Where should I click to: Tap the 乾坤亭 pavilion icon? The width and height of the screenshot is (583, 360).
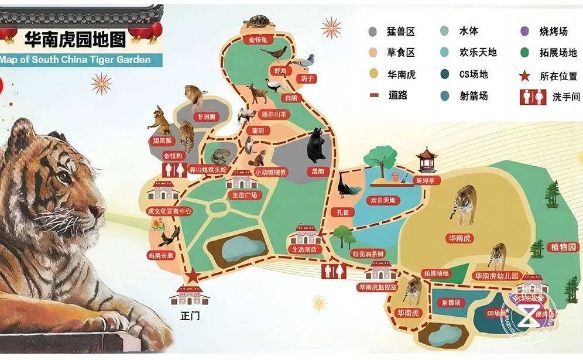tap(427, 159)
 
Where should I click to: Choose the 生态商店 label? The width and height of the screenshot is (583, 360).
tap(304, 249)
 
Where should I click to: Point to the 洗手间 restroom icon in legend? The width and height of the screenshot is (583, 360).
tap(532, 97)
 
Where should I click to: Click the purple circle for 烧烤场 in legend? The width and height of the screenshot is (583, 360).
tap(525, 32)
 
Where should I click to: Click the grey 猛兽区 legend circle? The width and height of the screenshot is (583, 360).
tap(373, 32)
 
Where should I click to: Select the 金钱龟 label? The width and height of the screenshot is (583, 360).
tap(257, 40)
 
